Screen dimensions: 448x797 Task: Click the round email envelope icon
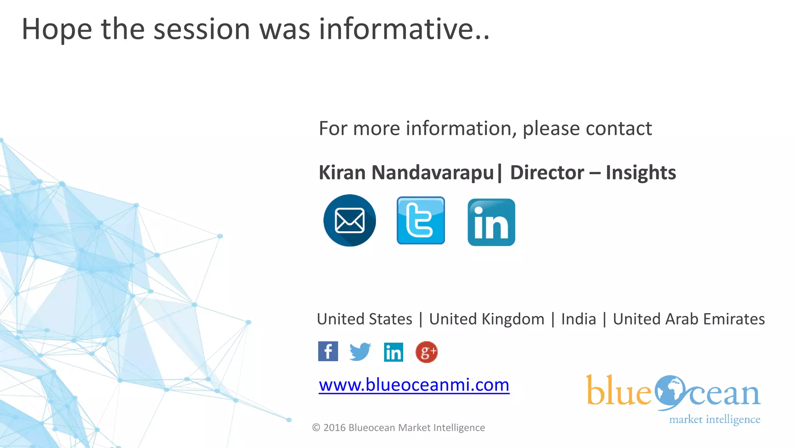[x=349, y=220]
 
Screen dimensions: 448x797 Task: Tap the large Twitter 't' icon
[x=421, y=220]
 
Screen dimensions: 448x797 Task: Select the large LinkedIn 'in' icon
[x=491, y=222]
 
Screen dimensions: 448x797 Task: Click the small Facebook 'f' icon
[x=328, y=352]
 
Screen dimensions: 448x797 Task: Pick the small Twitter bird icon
[x=360, y=352]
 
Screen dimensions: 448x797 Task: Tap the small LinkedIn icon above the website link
[x=393, y=352]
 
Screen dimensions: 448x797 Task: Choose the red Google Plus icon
[x=427, y=352]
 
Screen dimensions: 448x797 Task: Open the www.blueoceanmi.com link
[x=414, y=385]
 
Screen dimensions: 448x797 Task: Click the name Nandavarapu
[x=433, y=172]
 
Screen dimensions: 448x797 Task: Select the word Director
[x=547, y=172]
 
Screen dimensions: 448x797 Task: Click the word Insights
[x=641, y=172]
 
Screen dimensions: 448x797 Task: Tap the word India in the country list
[x=579, y=319]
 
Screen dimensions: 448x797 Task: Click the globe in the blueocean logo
[x=669, y=392]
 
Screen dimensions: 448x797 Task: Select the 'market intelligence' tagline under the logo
[x=714, y=420]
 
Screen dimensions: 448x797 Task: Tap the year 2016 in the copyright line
[x=334, y=428]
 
